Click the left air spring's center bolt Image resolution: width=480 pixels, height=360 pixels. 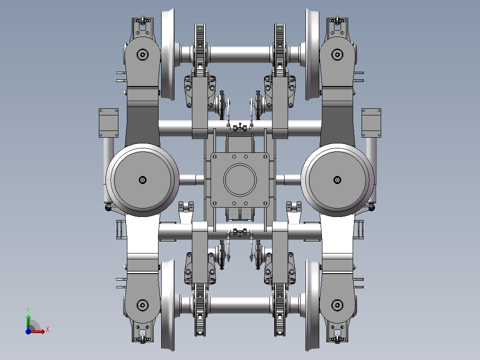point(142,180)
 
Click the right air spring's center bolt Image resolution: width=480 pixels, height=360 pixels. point(338,180)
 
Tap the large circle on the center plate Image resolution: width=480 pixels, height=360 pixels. point(240,180)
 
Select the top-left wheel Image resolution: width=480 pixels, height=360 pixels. point(168,54)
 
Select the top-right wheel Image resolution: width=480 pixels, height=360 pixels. point(312,54)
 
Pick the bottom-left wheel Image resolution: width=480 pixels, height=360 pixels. point(168,305)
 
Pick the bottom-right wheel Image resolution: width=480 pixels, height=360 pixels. point(312,305)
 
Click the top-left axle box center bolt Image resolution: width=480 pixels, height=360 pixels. point(142,55)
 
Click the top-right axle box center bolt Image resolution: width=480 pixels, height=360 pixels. point(338,55)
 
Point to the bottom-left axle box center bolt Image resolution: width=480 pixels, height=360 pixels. point(142,305)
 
